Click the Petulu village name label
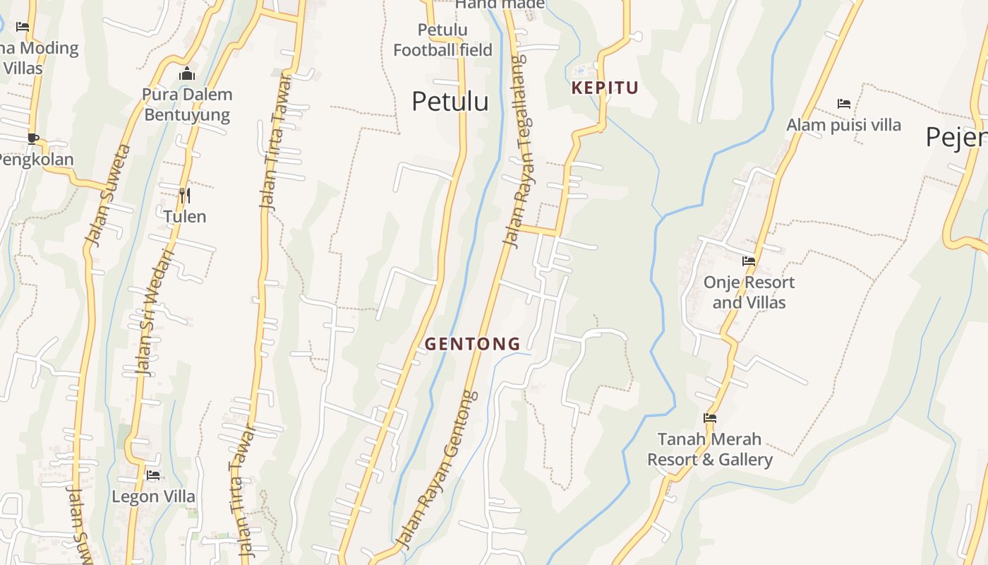(450, 101)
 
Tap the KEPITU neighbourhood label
(605, 88)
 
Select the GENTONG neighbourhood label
(472, 344)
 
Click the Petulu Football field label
(442, 40)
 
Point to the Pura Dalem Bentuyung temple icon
(187, 73)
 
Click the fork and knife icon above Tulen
(185, 195)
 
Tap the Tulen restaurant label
(185, 216)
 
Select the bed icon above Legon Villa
(153, 475)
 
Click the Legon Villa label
(153, 496)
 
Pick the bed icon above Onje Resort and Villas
(749, 261)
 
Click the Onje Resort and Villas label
(749, 292)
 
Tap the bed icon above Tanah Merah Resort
(710, 418)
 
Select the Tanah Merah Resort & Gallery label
(710, 449)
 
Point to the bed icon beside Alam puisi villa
(843, 104)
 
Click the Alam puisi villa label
(843, 125)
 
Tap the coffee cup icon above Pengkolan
(32, 138)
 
